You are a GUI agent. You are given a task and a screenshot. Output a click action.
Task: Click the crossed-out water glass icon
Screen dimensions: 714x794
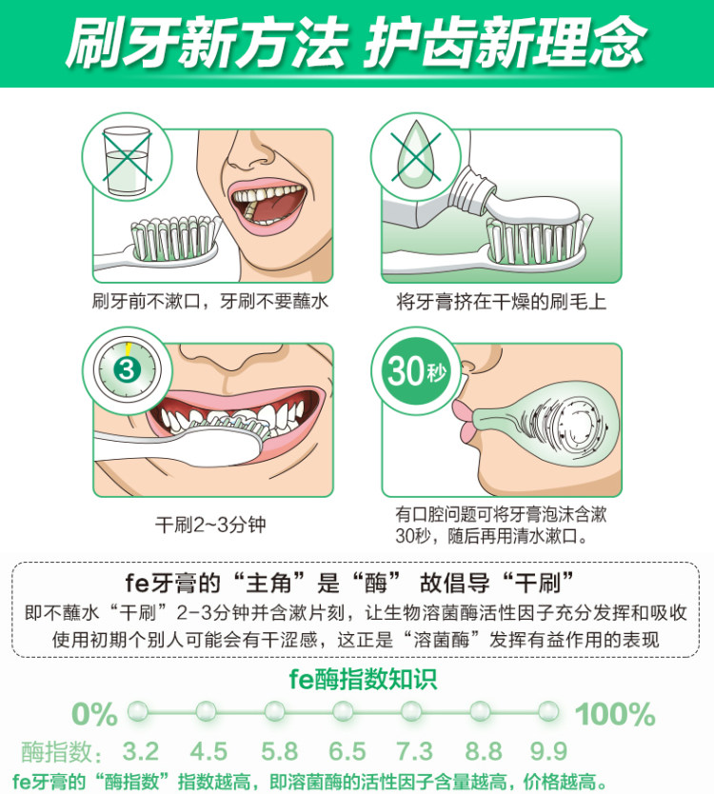127,159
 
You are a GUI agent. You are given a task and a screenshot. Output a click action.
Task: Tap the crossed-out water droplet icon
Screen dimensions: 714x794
416,153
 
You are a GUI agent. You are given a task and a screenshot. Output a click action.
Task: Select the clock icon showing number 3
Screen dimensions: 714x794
127,370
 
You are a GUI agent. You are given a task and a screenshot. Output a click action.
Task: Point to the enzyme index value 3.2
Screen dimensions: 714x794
140,751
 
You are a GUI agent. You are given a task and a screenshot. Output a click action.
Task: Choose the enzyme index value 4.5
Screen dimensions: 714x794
208,751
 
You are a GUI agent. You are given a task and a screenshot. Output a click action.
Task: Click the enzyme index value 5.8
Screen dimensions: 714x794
279,751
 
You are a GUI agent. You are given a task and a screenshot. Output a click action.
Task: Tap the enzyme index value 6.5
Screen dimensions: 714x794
347,751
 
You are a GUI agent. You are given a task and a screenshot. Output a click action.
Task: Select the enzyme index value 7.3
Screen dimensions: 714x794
414,751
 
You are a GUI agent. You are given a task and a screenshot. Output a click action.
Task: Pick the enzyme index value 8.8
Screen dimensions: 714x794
483,751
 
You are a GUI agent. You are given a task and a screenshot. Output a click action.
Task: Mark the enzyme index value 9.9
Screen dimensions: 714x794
548,751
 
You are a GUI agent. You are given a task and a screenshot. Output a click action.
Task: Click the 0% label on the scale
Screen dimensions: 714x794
94,714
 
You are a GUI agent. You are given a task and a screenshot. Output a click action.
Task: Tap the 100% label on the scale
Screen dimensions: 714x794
615,714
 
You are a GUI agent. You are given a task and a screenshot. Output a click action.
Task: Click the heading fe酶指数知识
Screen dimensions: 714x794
363,679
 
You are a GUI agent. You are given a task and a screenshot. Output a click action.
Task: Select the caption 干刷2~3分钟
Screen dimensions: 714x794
210,525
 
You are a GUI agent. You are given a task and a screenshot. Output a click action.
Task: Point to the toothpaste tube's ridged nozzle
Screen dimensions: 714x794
472,191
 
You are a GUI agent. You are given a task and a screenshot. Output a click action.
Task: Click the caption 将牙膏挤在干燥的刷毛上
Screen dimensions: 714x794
502,302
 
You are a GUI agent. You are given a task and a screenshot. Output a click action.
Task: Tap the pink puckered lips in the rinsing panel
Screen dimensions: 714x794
464,419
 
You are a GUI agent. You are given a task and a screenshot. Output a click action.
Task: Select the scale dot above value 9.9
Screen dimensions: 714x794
548,711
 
